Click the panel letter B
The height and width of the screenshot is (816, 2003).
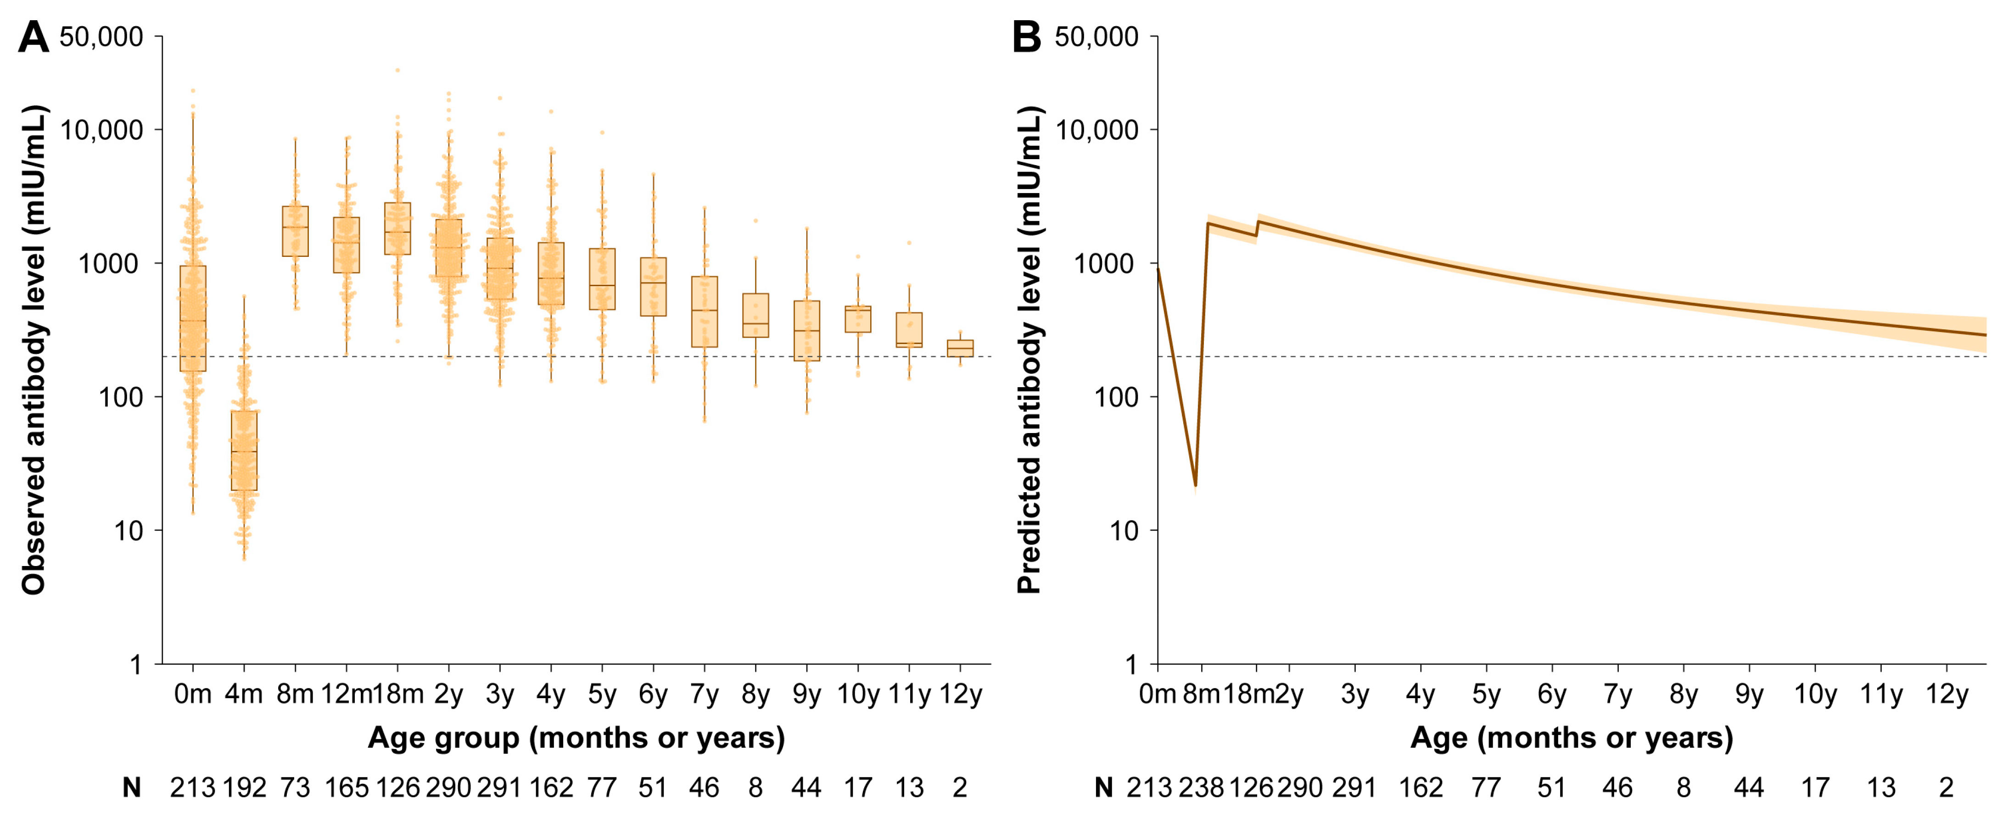[x=1026, y=37]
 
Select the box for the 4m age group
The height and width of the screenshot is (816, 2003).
[x=244, y=451]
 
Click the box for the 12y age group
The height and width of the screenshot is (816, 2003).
[x=960, y=348]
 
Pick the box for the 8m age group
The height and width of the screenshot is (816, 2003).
[x=296, y=231]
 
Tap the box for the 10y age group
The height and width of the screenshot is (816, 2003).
[x=858, y=319]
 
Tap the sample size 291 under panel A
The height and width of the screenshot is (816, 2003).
[x=499, y=788]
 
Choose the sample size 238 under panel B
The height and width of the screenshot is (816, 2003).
[x=1201, y=788]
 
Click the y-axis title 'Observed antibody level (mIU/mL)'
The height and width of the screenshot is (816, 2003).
[x=34, y=350]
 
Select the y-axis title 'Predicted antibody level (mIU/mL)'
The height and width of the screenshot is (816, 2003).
[x=1029, y=350]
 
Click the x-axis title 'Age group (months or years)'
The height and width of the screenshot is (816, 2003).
[x=576, y=738]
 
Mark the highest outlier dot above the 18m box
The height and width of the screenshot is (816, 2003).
[x=397, y=70]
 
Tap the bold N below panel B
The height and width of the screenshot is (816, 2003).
[x=1103, y=788]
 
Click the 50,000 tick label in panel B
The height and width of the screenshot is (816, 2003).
[x=1097, y=37]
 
